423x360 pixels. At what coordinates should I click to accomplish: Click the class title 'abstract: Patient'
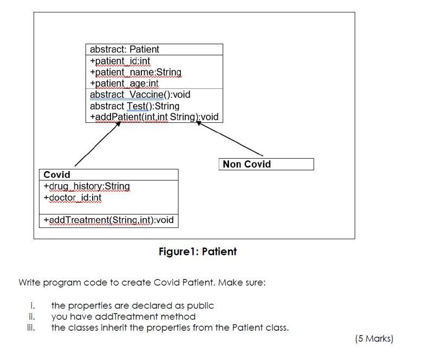pyautogui.click(x=125, y=49)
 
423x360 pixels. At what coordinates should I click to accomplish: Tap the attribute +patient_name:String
pyautogui.click(x=135, y=72)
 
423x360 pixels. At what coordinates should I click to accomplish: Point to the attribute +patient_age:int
pyautogui.click(x=124, y=83)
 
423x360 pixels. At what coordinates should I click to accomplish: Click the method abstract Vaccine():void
pyautogui.click(x=140, y=95)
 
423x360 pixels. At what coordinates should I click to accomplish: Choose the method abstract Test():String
pyautogui.click(x=134, y=106)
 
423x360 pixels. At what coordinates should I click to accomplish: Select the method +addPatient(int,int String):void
pyautogui.click(x=154, y=117)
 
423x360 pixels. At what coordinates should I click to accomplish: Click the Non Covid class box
pyautogui.click(x=267, y=164)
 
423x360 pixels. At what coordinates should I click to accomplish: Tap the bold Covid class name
pyautogui.click(x=57, y=175)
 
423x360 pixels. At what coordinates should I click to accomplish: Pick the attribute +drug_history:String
pyautogui.click(x=87, y=186)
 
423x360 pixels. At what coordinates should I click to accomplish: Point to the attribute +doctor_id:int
pyautogui.click(x=73, y=198)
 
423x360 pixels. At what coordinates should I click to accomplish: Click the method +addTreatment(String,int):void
pyautogui.click(x=108, y=220)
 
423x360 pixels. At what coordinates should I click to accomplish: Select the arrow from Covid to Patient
pyautogui.click(x=97, y=143)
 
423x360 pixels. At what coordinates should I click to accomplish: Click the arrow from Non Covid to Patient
pyautogui.click(x=230, y=139)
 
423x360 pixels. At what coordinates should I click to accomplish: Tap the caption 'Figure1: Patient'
pyautogui.click(x=197, y=252)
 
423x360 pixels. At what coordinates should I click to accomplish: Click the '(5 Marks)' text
pyautogui.click(x=374, y=338)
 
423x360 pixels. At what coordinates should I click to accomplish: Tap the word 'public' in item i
pyautogui.click(x=201, y=305)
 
